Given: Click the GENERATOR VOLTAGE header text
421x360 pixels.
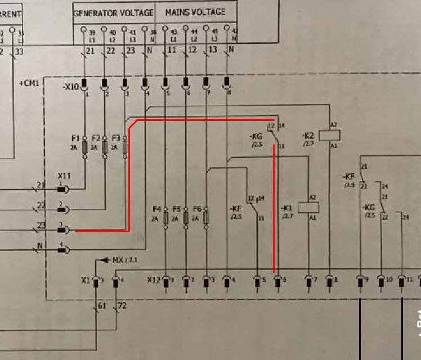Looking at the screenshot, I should pyautogui.click(x=113, y=12).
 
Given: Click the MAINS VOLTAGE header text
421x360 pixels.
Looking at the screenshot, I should pyautogui.click(x=195, y=12).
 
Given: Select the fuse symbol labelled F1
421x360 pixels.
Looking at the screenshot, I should pyautogui.click(x=84, y=147).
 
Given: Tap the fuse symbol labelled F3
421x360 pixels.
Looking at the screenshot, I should pyautogui.click(x=125, y=147).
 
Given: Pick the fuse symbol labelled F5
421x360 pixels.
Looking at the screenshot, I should pyautogui.click(x=186, y=218).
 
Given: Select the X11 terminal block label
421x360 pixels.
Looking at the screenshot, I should pyautogui.click(x=65, y=176).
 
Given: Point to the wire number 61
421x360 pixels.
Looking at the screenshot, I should pyautogui.click(x=102, y=307).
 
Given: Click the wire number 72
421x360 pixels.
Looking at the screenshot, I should pyautogui.click(x=123, y=307).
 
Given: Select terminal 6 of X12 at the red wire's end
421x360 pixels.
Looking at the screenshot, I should pyautogui.click(x=277, y=280).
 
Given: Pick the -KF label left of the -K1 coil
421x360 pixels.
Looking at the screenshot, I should pyautogui.click(x=235, y=208).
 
